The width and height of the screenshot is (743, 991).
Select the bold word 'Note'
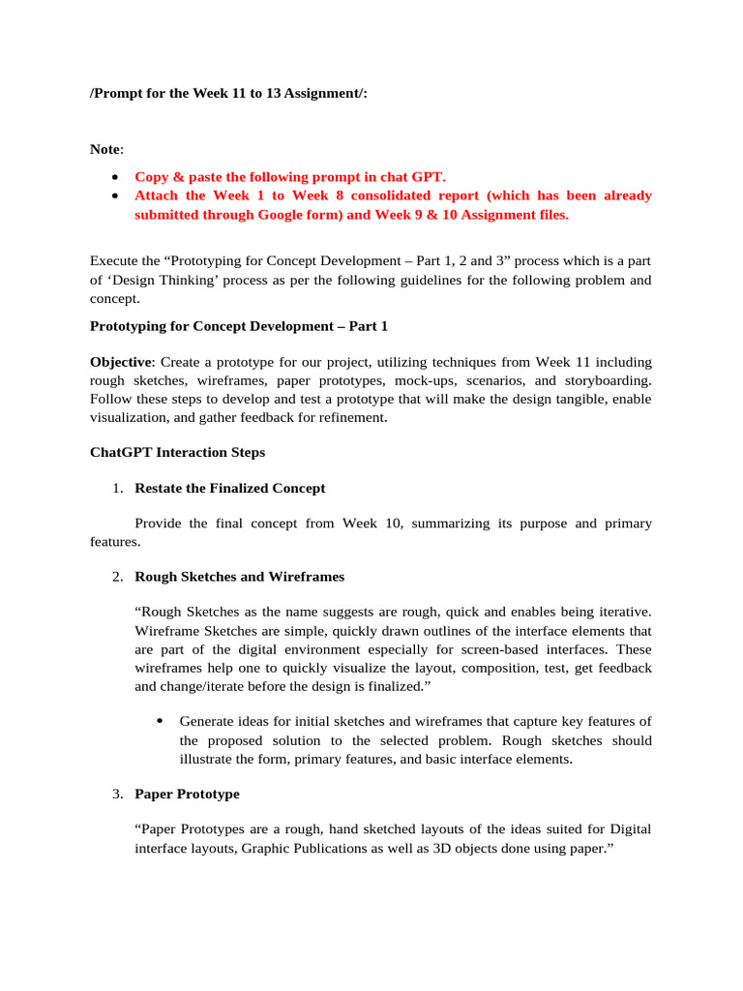(x=105, y=149)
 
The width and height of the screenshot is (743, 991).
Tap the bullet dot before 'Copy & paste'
(x=115, y=177)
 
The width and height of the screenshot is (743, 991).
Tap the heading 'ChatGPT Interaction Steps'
(x=177, y=452)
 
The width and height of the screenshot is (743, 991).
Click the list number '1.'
(x=116, y=489)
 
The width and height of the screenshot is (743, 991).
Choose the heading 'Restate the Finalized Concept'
(x=230, y=489)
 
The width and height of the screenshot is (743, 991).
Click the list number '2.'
(x=116, y=577)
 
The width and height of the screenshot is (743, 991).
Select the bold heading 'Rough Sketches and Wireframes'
(x=239, y=577)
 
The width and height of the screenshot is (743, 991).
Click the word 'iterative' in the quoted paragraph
(x=623, y=612)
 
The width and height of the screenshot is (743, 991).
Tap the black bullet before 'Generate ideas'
(x=159, y=721)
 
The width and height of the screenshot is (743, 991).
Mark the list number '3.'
(x=116, y=795)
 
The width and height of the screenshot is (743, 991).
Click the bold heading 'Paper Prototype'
(x=187, y=795)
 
